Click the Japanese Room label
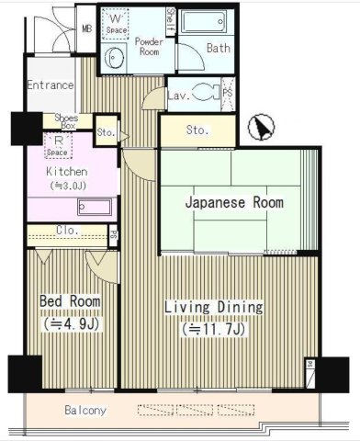pos(234,203)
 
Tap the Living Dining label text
pos(213,307)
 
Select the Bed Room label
pos(69,301)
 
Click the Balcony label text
pos(85,410)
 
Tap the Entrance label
pos(50,85)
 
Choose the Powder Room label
pos(148,47)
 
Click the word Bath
pos(218,49)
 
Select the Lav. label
pos(178,95)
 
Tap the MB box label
pos(87,28)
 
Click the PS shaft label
pos(228,92)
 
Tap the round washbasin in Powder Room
pos(113,61)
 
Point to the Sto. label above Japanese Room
pos(197,131)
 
